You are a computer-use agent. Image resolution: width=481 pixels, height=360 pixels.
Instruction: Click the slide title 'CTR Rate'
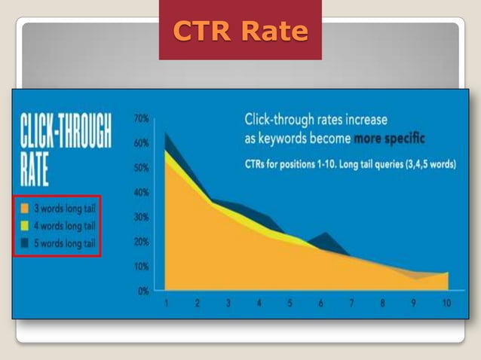pos(240,31)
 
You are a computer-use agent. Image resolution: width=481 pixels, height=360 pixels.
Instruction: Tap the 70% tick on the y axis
pos(141,119)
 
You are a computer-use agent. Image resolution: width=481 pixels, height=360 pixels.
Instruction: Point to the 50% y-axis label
pos(141,168)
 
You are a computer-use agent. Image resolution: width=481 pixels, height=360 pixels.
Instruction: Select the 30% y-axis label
pos(141,217)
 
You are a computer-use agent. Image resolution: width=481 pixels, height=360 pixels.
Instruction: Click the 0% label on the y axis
pos(142,291)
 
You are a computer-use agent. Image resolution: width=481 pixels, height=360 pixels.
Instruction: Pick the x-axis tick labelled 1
pos(166,304)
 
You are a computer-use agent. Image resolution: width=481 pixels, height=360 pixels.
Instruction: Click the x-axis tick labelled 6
pos(321,304)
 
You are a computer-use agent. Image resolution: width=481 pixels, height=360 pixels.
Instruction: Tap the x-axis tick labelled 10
pos(446,304)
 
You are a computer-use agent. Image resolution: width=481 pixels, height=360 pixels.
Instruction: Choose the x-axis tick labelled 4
pos(259,304)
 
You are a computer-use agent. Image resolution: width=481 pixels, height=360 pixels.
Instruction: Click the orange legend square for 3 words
pos(25,208)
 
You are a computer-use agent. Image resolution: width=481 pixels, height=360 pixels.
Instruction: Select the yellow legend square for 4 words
pos(25,226)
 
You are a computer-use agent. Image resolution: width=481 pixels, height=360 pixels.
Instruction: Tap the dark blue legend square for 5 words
pos(25,244)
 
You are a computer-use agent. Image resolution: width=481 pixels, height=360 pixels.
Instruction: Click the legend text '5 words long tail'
pos(63,244)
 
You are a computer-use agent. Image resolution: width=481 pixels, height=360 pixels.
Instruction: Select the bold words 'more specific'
pos(388,139)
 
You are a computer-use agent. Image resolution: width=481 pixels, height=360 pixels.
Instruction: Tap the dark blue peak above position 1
pos(167,136)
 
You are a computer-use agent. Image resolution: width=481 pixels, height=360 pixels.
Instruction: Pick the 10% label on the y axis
pos(141,266)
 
